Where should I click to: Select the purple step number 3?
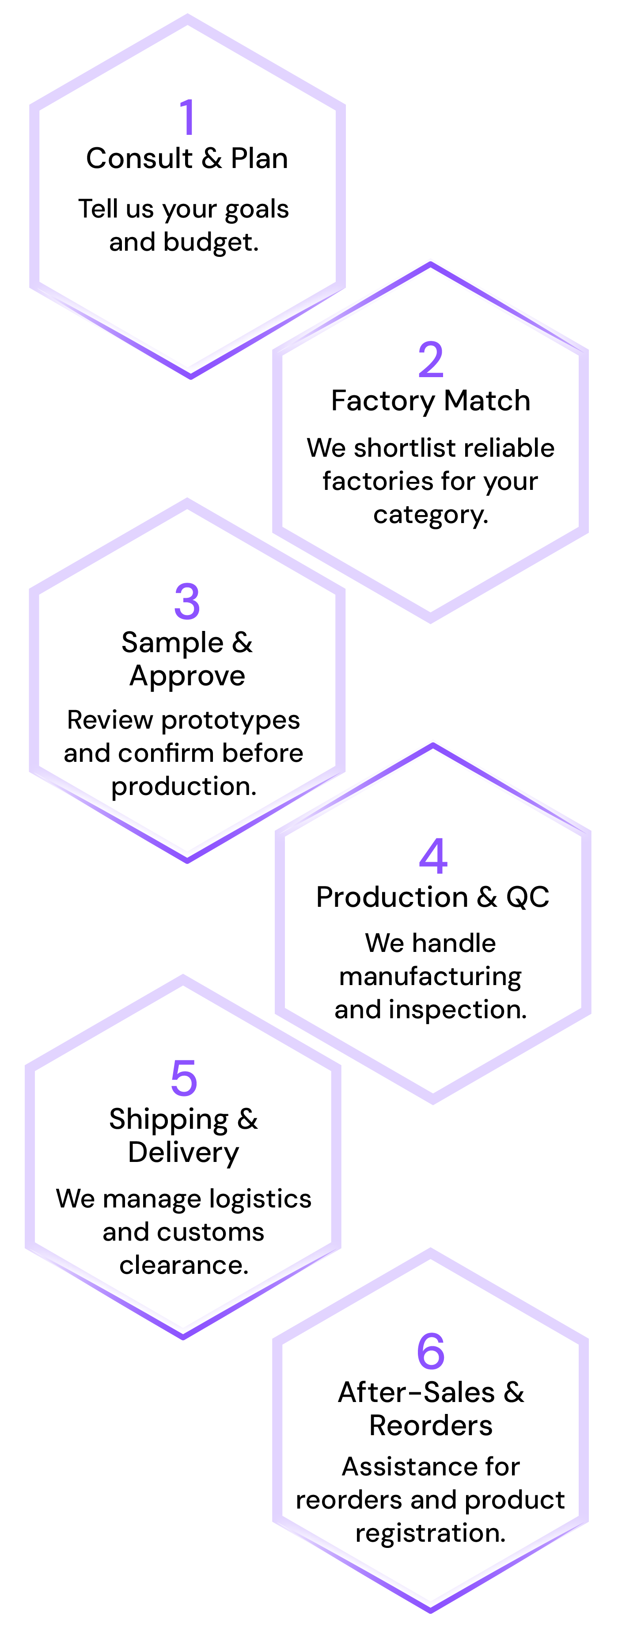[x=187, y=601]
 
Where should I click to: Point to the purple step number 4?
[x=433, y=856]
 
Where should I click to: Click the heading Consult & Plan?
[x=187, y=158]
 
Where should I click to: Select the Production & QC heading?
[x=432, y=897]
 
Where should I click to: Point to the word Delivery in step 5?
[x=184, y=1153]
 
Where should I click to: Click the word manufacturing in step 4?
[x=430, y=977]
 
